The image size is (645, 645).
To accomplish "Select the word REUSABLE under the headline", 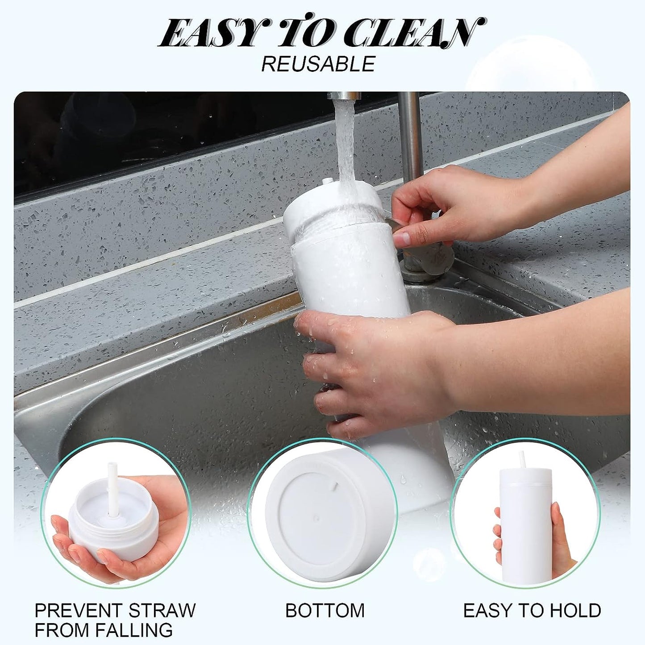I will coord(318,64).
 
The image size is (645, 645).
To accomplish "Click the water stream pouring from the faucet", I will coord(345,143).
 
